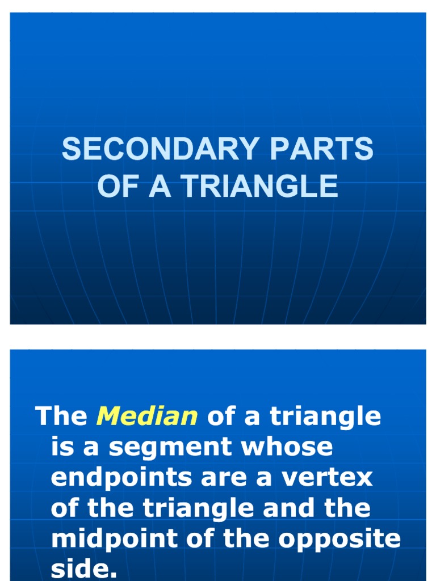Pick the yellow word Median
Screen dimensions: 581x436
pyautogui.click(x=146, y=417)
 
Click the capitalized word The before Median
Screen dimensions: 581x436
pyautogui.click(x=61, y=417)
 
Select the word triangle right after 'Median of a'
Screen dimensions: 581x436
pyautogui.click(x=325, y=417)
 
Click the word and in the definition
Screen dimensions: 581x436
pyautogui.click(x=294, y=508)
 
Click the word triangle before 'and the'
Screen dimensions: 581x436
pyautogui.click(x=203, y=508)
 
